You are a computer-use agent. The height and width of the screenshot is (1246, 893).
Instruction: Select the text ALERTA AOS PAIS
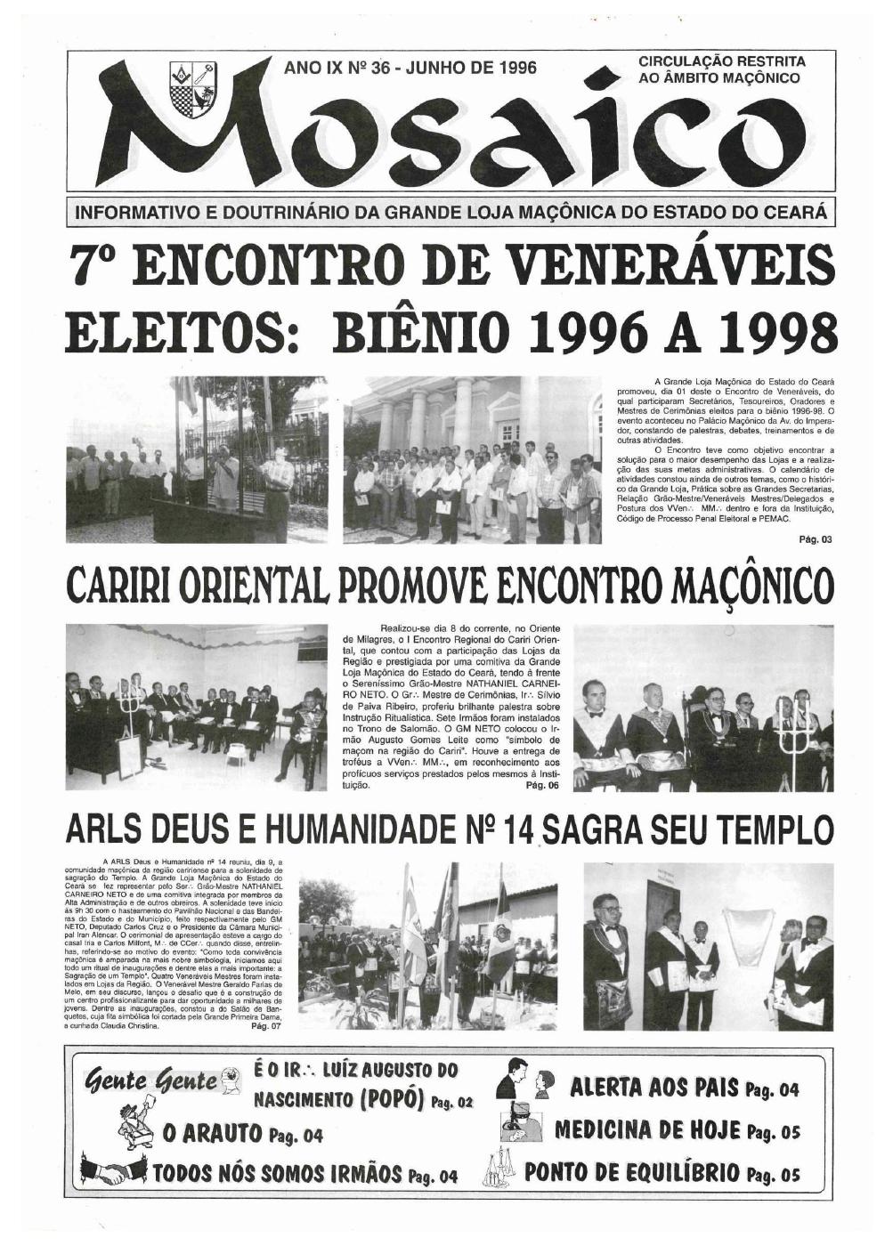point(654,1088)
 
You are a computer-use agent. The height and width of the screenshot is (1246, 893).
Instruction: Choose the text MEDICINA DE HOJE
point(647,1131)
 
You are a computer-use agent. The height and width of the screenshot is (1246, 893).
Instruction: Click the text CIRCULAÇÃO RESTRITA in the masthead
point(722,61)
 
